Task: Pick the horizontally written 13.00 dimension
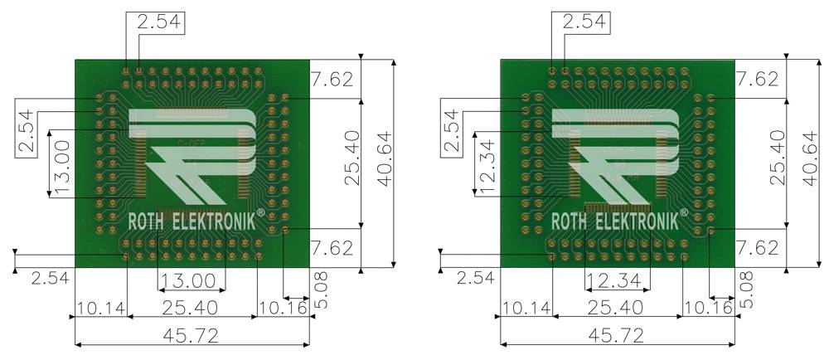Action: (191, 280)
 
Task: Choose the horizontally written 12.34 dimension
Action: (617, 280)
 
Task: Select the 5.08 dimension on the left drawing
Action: (319, 289)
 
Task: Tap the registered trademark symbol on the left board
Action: (260, 214)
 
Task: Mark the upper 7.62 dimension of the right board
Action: (757, 80)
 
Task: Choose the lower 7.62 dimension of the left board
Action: (332, 247)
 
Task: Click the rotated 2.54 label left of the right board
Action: (450, 130)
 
